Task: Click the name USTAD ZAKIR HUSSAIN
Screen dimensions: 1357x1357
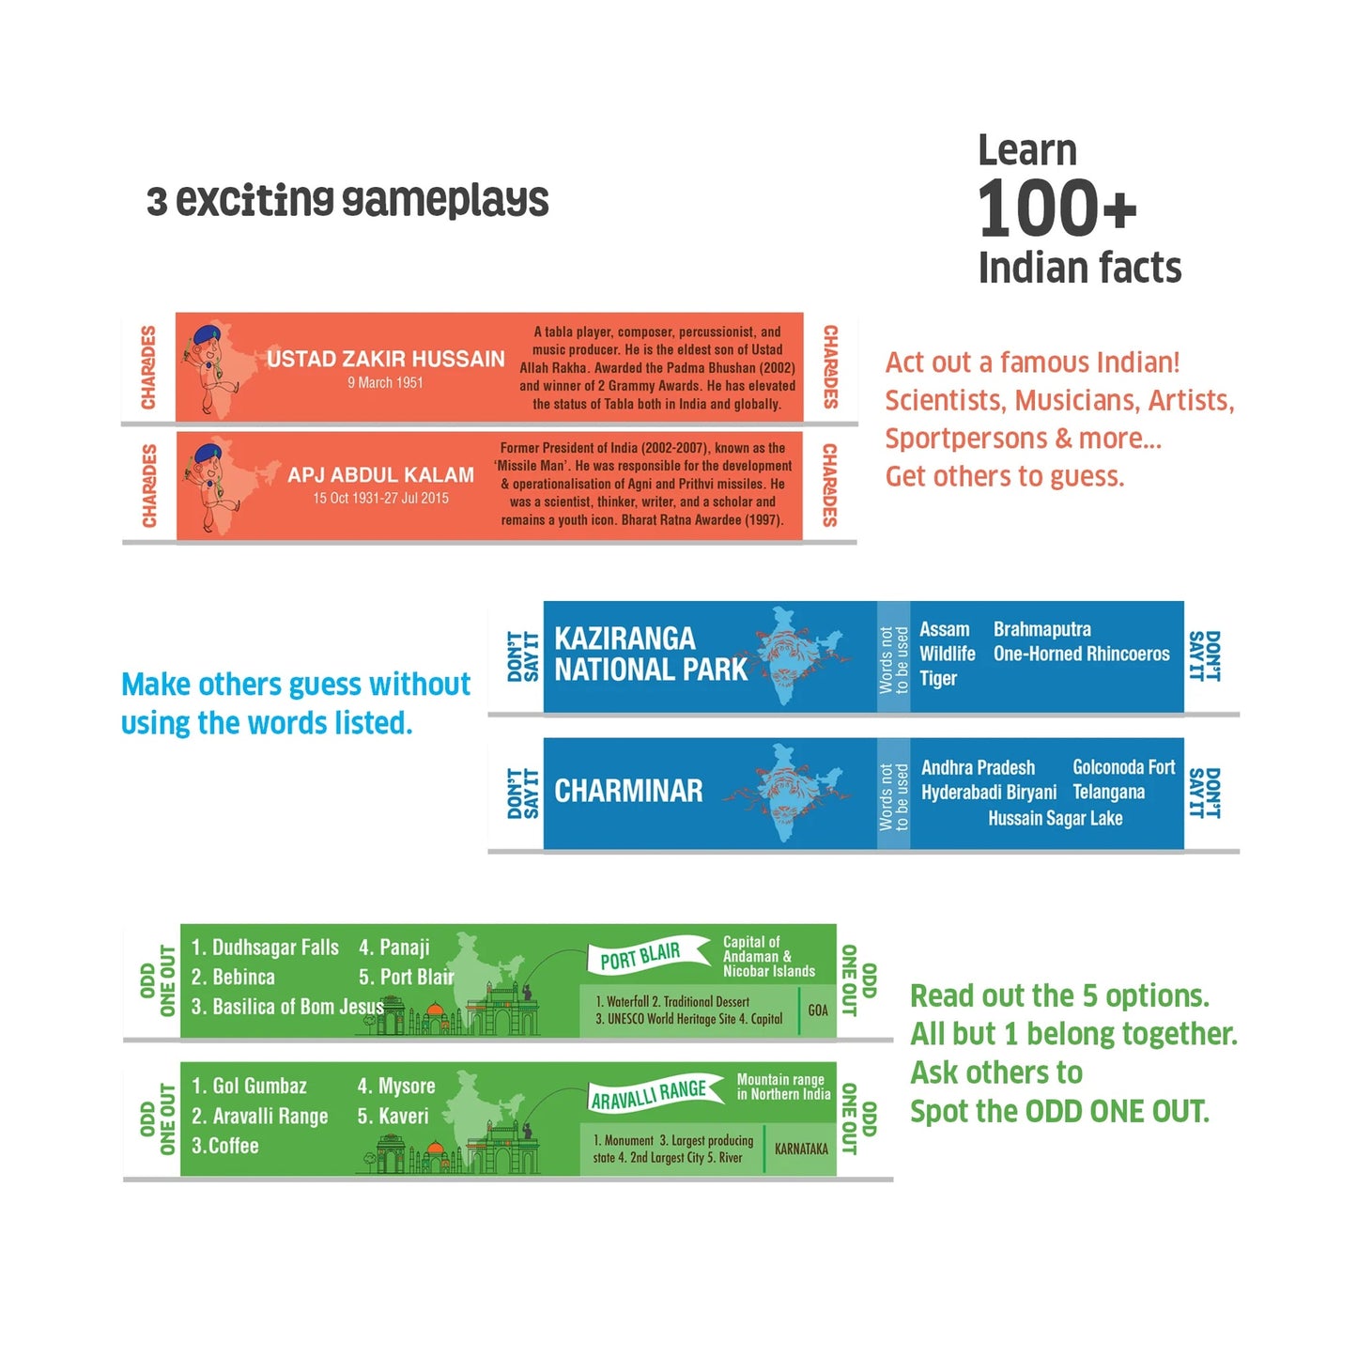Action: [x=385, y=359]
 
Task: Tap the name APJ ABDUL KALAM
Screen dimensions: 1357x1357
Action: [x=381, y=474]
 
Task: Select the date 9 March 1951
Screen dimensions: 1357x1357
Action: [x=385, y=382]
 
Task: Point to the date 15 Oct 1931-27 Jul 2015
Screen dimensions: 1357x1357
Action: [x=381, y=498]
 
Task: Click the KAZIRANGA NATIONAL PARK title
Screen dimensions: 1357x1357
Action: [x=650, y=654]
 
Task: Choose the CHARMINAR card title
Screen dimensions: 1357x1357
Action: [x=628, y=791]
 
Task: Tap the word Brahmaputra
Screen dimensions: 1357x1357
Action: [x=1041, y=629]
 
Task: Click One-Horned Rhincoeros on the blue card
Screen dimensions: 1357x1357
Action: [x=1081, y=654]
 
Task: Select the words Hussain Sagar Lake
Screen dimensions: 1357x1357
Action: [x=1055, y=818]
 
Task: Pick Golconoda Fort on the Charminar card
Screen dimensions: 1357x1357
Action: [x=1123, y=767]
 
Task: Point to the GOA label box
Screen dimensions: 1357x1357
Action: [x=818, y=1010]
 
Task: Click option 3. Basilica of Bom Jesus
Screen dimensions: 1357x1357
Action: [x=287, y=1007]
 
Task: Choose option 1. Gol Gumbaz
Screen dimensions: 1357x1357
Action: [x=249, y=1086]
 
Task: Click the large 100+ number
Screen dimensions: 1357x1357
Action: [x=1057, y=208]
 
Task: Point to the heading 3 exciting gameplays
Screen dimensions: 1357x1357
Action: [x=347, y=201]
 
